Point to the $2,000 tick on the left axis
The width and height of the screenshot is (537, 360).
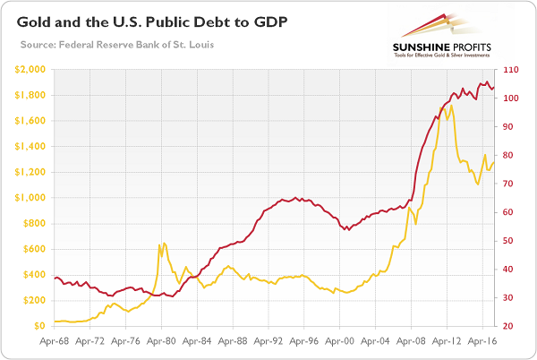(x=30, y=69)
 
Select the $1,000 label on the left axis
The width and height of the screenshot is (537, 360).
(x=30, y=198)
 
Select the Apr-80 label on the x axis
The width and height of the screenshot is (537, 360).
(x=161, y=341)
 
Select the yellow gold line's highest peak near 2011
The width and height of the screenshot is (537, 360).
(x=452, y=106)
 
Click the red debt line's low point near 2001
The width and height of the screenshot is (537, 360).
(x=345, y=230)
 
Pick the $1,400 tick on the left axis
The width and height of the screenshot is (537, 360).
(x=30, y=146)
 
